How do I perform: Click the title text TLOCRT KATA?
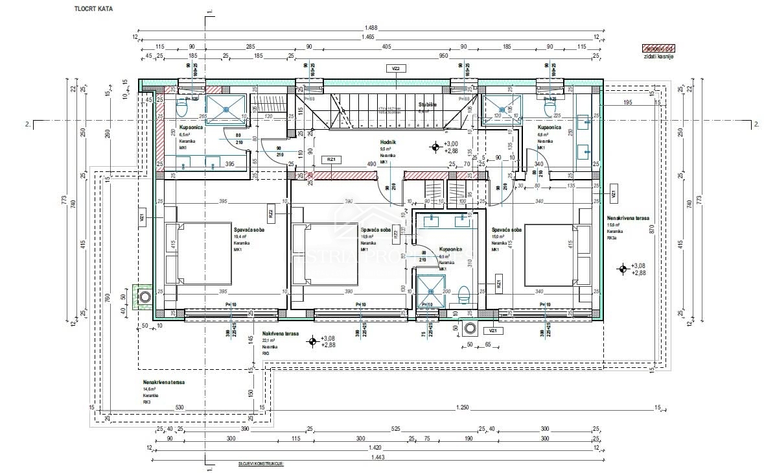pyautogui.click(x=94, y=10)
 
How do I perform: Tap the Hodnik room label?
pyautogui.click(x=388, y=142)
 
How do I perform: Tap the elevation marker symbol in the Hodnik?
pyautogui.click(x=434, y=147)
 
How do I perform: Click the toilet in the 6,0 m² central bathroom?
pyautogui.click(x=463, y=295)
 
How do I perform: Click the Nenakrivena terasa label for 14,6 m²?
pyautogui.click(x=163, y=383)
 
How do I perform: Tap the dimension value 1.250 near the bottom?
pyautogui.click(x=462, y=407)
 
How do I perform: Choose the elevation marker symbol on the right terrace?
pyautogui.click(x=622, y=267)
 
